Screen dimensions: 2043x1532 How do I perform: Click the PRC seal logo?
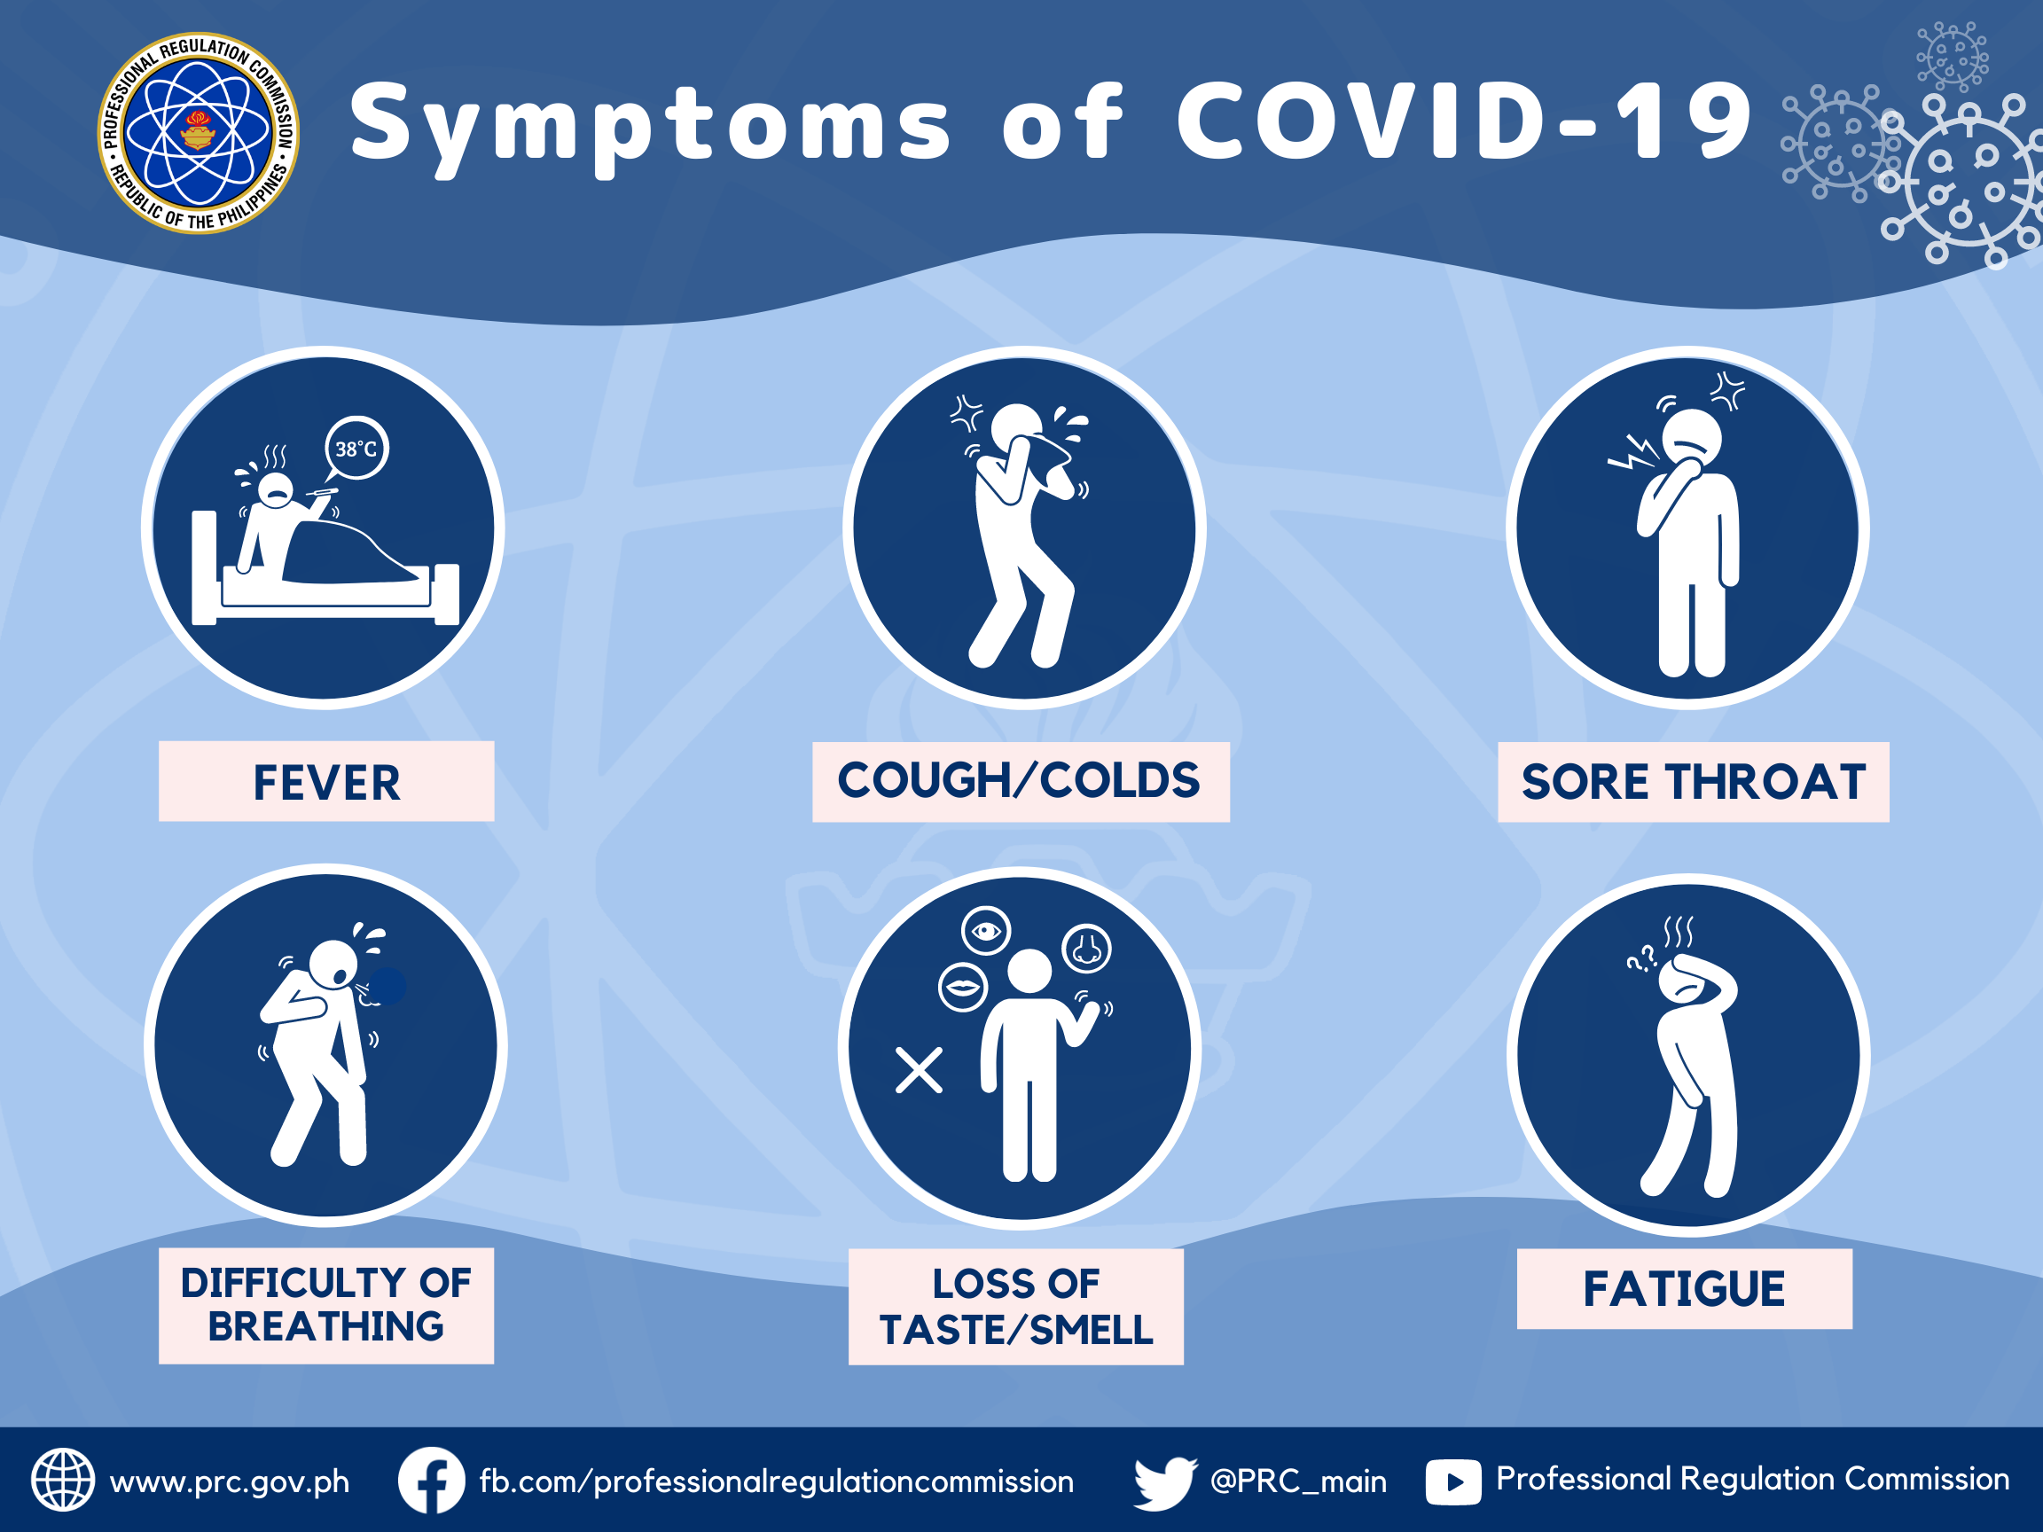tap(199, 133)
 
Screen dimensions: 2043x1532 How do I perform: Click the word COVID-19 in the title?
tap(1464, 121)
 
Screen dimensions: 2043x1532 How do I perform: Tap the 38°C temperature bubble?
tap(356, 449)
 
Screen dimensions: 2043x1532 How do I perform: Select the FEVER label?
tap(326, 781)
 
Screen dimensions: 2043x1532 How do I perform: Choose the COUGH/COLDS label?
tap(1020, 781)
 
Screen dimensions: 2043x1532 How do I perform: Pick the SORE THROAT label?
tap(1693, 781)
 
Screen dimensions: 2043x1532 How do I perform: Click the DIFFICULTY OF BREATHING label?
tap(326, 1305)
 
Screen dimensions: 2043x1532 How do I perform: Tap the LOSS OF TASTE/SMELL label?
tap(1016, 1306)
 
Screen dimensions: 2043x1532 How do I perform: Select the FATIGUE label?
tap(1685, 1288)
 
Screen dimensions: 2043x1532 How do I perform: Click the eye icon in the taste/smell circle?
tap(986, 931)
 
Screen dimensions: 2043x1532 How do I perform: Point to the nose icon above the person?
tap(1087, 949)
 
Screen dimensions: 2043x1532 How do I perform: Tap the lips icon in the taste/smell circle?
tap(963, 987)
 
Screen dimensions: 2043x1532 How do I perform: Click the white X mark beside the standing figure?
tap(919, 1070)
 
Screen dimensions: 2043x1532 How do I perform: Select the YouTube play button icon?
tap(1452, 1482)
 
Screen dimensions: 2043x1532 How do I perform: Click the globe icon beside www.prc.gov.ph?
tap(63, 1481)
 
